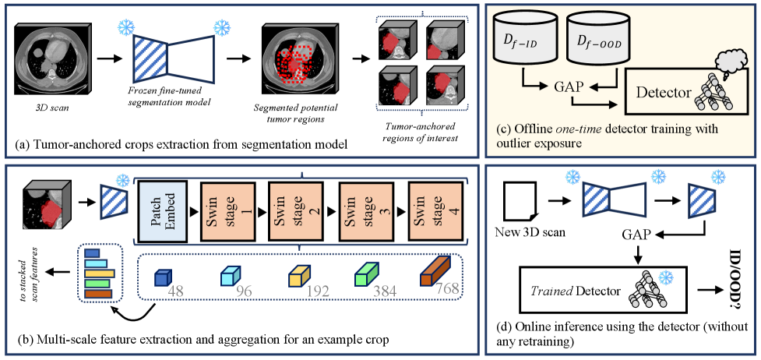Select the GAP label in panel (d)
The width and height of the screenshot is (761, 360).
coord(638,231)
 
